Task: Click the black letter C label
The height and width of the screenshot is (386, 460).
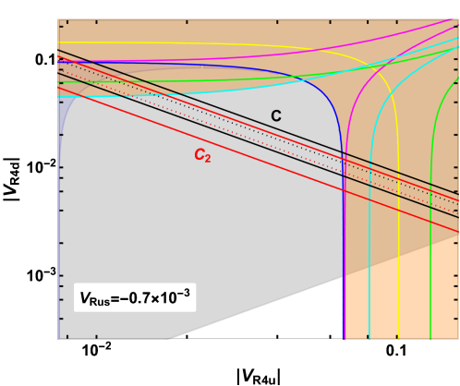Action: point(275,115)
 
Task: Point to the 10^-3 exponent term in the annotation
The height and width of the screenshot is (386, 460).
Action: point(176,297)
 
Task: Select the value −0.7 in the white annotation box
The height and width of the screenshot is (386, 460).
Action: point(138,299)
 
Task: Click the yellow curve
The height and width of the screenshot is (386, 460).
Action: point(398,277)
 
